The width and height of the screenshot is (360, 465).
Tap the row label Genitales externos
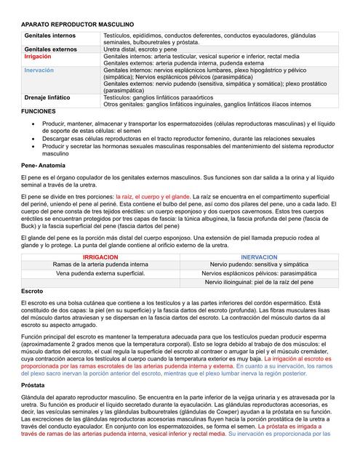click(51, 49)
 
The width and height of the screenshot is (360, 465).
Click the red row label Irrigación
click(38, 56)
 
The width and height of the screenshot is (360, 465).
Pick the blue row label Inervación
click(39, 70)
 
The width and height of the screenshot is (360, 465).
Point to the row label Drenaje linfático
click(47, 97)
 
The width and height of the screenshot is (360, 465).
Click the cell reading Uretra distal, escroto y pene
click(145, 49)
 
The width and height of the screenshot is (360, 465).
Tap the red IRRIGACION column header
click(102, 257)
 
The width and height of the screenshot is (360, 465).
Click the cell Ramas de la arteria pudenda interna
click(102, 265)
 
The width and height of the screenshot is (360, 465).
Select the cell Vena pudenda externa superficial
click(101, 274)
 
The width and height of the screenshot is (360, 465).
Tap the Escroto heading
click(33, 291)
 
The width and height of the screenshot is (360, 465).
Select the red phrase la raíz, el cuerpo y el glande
click(153, 197)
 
